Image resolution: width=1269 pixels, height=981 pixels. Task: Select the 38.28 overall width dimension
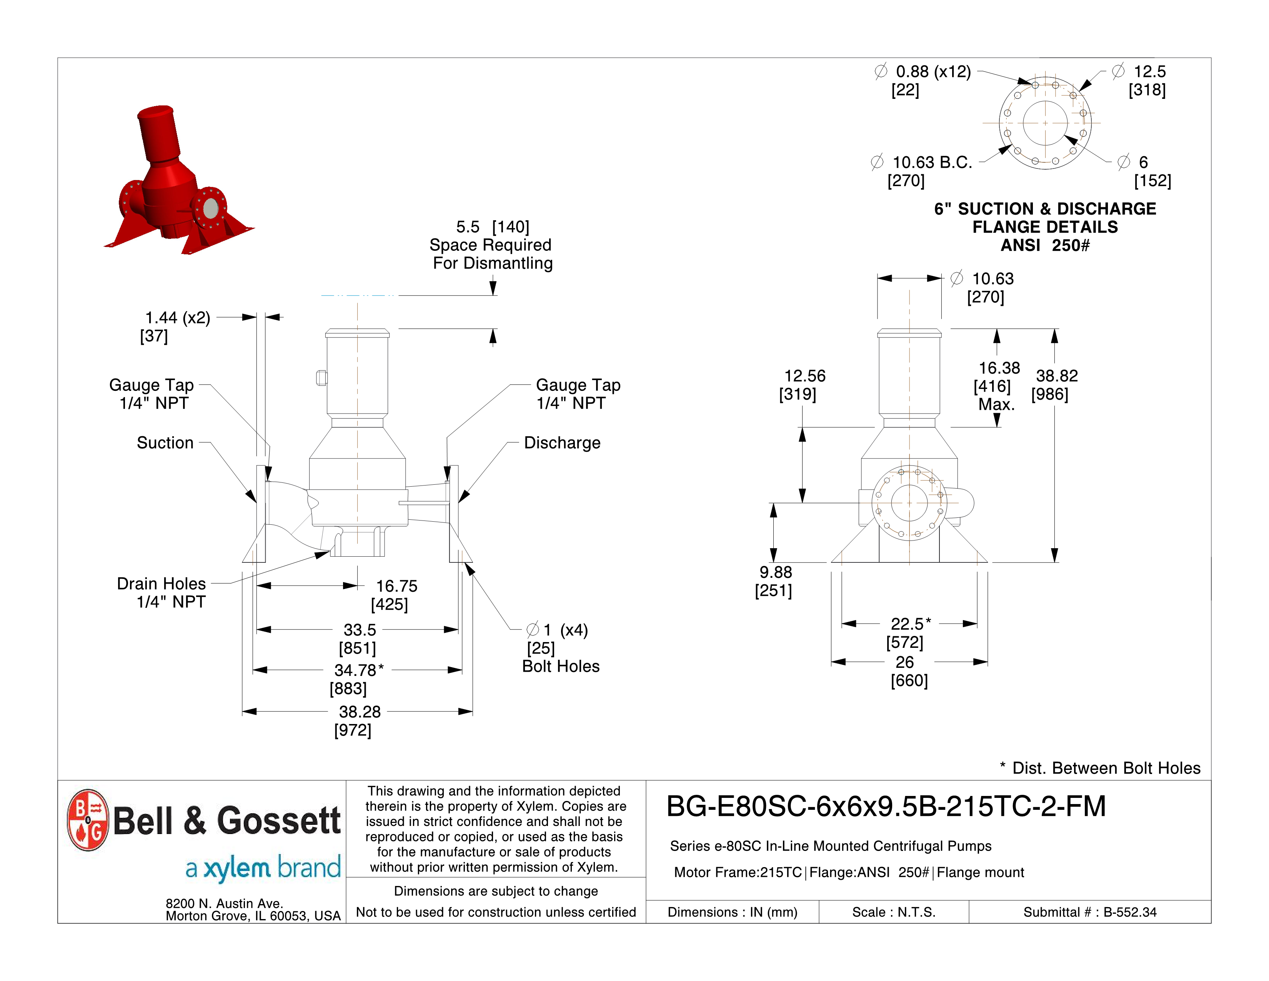point(359,712)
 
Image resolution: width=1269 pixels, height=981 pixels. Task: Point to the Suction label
point(165,443)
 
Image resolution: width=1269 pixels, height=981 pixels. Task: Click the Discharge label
point(562,443)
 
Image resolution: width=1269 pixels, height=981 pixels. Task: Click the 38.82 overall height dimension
point(1056,376)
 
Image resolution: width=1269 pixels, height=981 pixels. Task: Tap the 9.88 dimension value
point(775,572)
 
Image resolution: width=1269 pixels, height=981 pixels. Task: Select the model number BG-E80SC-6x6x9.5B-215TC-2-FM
point(886,807)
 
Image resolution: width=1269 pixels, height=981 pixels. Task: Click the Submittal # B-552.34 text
point(1089,912)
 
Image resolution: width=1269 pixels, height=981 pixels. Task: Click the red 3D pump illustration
point(174,180)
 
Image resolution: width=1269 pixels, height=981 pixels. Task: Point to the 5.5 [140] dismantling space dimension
point(492,227)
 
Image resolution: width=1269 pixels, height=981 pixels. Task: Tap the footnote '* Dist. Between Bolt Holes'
point(1099,768)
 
